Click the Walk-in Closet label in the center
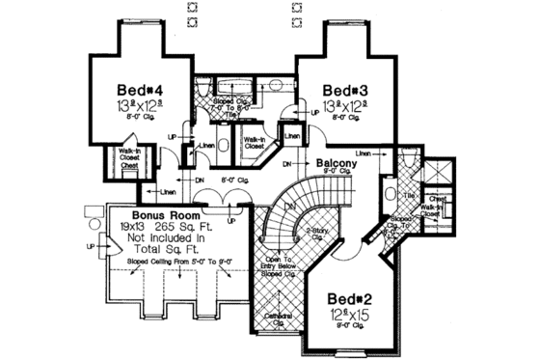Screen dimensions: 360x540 click(256, 142)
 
